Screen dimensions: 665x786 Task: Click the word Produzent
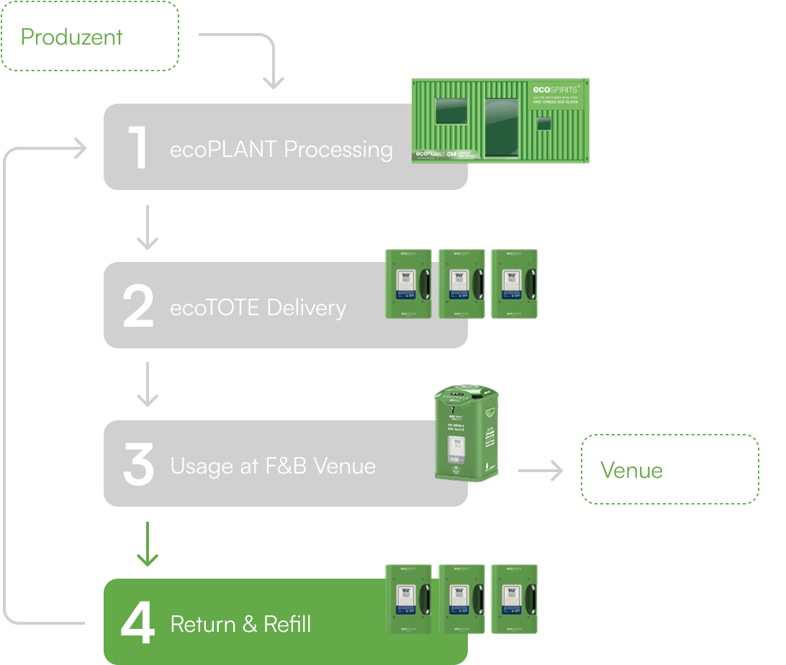point(72,37)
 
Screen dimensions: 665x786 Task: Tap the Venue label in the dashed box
point(631,470)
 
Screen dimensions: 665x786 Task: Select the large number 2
point(138,307)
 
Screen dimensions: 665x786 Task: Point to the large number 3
point(138,465)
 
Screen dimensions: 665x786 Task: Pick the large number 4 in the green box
point(137,623)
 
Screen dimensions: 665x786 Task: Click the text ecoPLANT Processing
point(281,149)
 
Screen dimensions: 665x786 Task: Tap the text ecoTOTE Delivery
point(258,308)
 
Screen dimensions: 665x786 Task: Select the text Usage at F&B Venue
point(273,466)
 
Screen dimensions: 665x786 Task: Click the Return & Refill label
point(240,623)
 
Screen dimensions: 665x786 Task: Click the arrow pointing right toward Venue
point(541,471)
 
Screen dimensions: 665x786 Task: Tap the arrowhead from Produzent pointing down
point(273,81)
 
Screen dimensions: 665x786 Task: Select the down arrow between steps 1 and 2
point(148,227)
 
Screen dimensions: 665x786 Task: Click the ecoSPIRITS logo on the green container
point(557,90)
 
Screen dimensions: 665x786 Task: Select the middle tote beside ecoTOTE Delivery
point(460,284)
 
